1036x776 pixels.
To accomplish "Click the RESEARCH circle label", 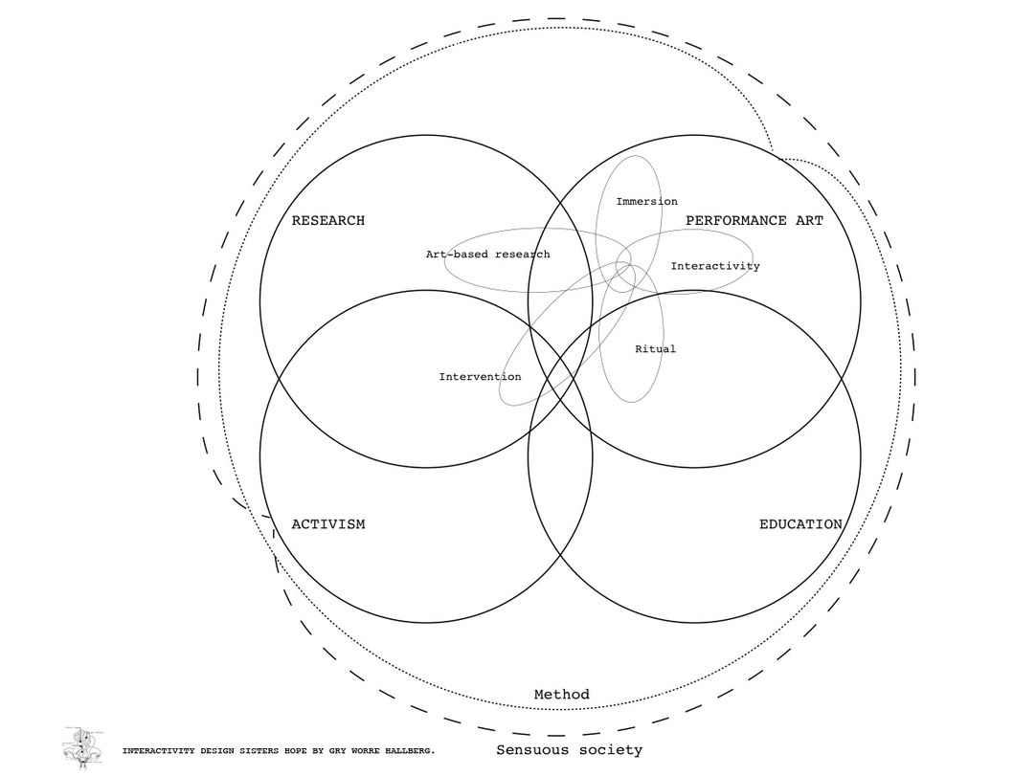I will pyautogui.click(x=327, y=221).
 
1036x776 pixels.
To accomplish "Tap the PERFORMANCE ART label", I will pyautogui.click(x=754, y=221).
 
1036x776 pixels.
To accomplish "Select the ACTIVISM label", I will pyautogui.click(x=327, y=524).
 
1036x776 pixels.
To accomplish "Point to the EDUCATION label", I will pyautogui.click(x=800, y=524).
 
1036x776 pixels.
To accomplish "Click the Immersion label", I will pyautogui.click(x=646, y=202).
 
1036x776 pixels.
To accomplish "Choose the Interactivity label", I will pyautogui.click(x=714, y=266).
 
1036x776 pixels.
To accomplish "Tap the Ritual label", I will pyautogui.click(x=655, y=349).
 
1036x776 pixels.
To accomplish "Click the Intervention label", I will pyautogui.click(x=480, y=377).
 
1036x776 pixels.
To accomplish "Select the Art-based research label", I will pyautogui.click(x=487, y=255).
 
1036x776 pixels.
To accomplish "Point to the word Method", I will pyautogui.click(x=561, y=695).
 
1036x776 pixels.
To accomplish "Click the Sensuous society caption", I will pyautogui.click(x=569, y=750).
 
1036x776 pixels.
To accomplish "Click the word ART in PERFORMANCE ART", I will pyautogui.click(x=809, y=221).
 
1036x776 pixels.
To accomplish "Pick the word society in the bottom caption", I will pyautogui.click(x=609, y=750).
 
